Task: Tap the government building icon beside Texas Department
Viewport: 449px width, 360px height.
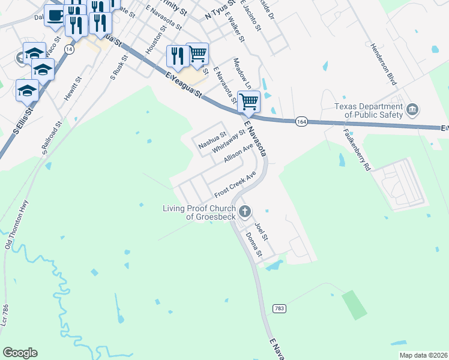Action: [412, 109]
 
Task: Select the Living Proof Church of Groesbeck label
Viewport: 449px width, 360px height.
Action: [199, 212]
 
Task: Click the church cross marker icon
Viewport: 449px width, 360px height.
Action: [244, 211]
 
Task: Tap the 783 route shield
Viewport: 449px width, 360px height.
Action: [279, 308]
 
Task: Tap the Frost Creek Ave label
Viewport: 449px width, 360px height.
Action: [235, 185]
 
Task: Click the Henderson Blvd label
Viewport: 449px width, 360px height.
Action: [384, 64]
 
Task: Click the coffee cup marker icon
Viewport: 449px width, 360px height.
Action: [55, 15]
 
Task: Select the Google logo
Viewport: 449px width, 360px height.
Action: [20, 353]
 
